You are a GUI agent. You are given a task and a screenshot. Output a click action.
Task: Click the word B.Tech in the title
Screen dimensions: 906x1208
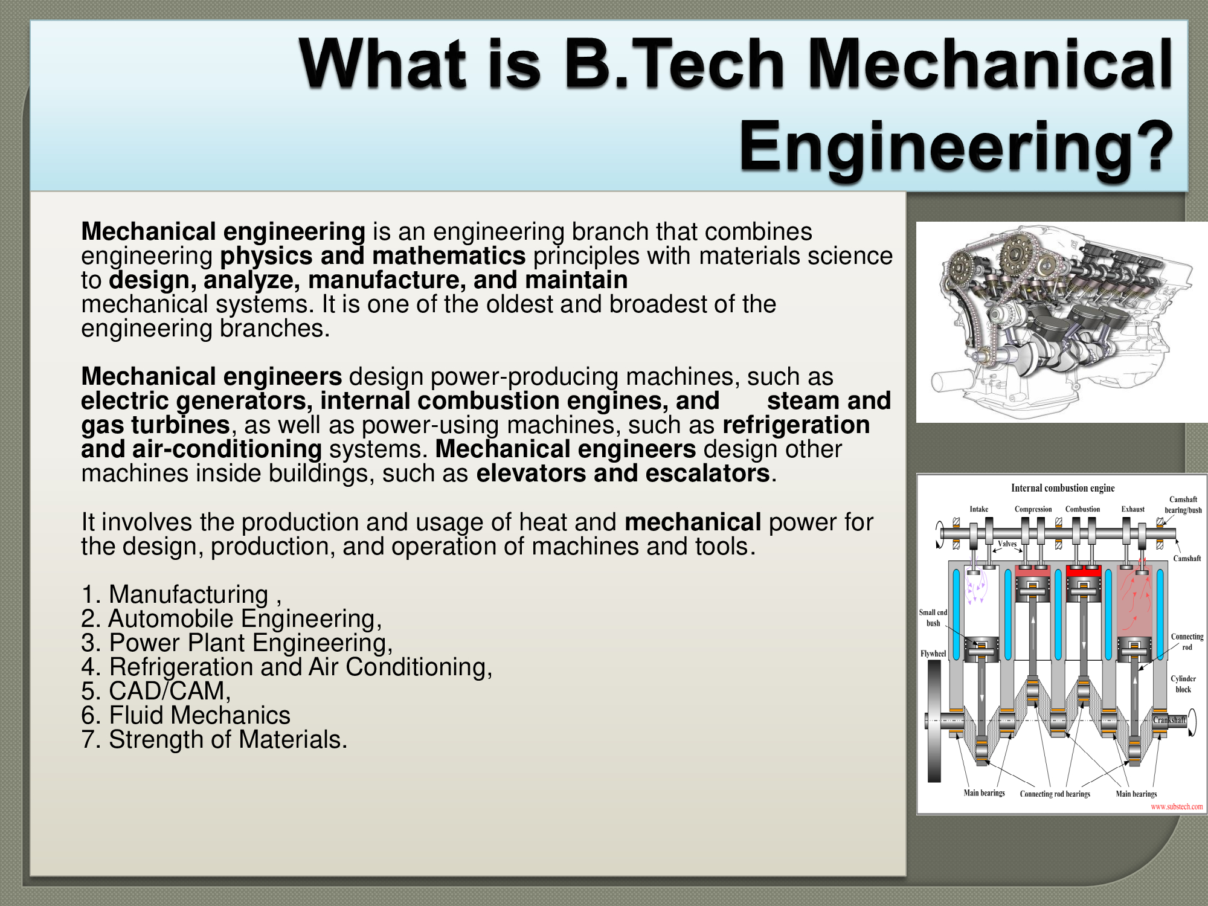point(674,64)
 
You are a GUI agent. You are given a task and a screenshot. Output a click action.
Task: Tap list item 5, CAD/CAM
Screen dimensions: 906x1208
point(156,691)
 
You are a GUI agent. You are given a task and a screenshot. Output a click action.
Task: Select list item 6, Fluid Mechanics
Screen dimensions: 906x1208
point(186,715)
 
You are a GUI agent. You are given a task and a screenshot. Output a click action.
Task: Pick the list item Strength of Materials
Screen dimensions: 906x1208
point(214,739)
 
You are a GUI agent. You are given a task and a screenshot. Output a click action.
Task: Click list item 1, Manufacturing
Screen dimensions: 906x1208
point(181,594)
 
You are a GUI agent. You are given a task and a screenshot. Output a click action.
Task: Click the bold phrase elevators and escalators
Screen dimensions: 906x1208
point(622,474)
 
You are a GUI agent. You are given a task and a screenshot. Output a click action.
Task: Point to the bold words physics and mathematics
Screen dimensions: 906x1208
point(373,256)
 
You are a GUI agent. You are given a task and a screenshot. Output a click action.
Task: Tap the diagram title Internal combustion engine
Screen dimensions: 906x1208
point(1063,488)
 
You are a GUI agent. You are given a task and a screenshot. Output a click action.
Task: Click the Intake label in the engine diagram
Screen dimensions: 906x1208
point(979,509)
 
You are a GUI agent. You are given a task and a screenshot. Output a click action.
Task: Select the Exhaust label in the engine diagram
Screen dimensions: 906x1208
point(1133,509)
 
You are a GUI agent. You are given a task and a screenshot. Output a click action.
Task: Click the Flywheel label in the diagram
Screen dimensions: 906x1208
point(933,654)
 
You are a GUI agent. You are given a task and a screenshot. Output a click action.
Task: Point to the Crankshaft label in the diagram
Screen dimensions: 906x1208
point(1169,720)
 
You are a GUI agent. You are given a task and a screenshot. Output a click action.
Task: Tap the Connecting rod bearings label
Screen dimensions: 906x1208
point(1055,794)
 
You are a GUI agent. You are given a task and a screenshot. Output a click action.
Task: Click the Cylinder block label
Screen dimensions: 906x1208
point(1183,684)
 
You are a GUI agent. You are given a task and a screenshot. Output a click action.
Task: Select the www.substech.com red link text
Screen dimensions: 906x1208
point(1177,806)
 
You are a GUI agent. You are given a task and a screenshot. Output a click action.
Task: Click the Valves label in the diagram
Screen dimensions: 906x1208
point(1007,544)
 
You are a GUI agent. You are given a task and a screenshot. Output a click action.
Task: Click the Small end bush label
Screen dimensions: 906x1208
point(933,617)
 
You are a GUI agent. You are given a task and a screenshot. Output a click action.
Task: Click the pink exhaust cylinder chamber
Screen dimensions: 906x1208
point(1134,598)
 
